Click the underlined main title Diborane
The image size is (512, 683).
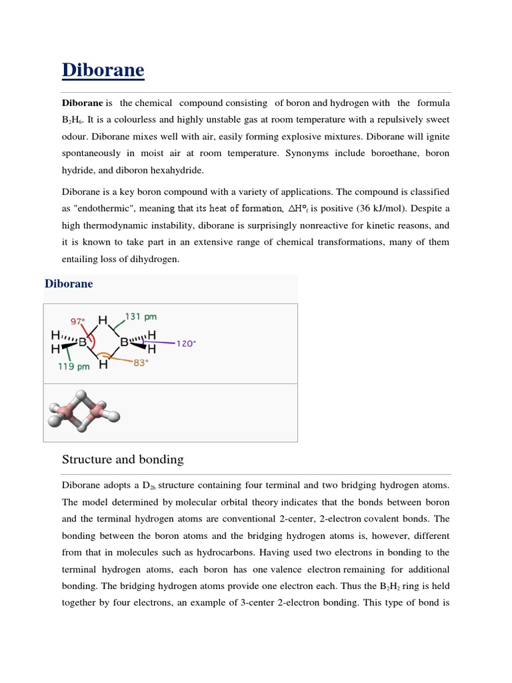click(x=103, y=70)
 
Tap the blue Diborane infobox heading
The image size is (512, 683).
click(x=69, y=284)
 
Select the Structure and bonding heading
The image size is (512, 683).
click(x=122, y=460)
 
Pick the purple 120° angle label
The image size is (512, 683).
click(x=186, y=344)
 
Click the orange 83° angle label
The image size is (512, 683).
click(x=140, y=363)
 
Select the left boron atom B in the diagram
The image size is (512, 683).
click(x=83, y=343)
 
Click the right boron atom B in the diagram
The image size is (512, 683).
click(x=124, y=343)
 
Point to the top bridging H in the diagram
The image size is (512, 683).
click(x=103, y=321)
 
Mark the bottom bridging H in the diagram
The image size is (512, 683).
click(x=103, y=365)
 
